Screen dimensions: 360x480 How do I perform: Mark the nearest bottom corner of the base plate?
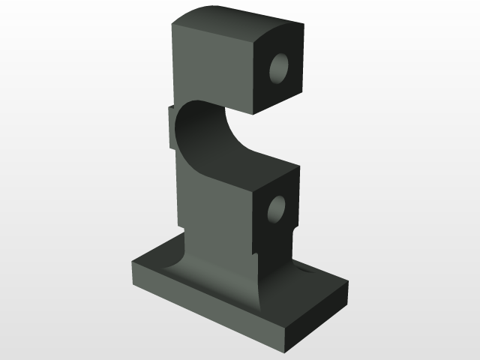coord(284,349)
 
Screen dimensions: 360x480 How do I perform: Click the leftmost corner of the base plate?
coord(133,265)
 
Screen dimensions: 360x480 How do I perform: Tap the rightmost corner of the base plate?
coord(348,284)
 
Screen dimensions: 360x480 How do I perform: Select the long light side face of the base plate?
coord(202,307)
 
